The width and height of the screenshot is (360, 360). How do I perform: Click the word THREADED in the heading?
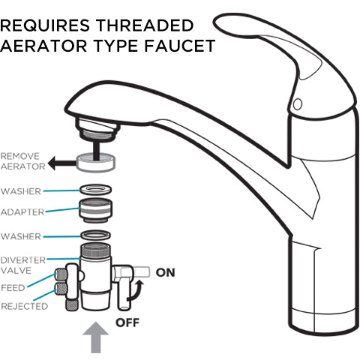pos(145,25)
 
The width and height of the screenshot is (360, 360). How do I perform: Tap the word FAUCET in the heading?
pos(180,46)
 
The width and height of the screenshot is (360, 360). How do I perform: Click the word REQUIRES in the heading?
pos(45,25)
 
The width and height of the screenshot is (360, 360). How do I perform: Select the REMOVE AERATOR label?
pos(23,161)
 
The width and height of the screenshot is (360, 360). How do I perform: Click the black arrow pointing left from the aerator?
pos(61,163)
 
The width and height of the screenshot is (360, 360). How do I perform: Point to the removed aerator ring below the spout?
pos(96,163)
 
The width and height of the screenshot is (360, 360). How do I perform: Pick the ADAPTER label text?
pos(22,212)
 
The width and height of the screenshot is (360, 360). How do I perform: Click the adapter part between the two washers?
pos(96,210)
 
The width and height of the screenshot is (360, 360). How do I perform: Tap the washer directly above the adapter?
pos(96,190)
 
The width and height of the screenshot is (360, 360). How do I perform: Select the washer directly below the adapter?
pos(96,235)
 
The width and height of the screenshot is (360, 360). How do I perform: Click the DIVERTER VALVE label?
pos(23,265)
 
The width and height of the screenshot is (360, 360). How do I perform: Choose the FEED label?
pos(13,288)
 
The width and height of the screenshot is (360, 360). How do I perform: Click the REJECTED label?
pos(25,306)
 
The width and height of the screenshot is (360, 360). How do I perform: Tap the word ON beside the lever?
pos(166,272)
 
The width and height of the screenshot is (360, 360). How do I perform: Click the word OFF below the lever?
pos(127,322)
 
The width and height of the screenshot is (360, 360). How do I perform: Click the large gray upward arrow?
pos(96,337)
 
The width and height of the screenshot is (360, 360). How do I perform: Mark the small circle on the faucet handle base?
pos(298,103)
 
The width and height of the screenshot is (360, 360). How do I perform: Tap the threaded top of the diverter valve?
pos(95,250)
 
